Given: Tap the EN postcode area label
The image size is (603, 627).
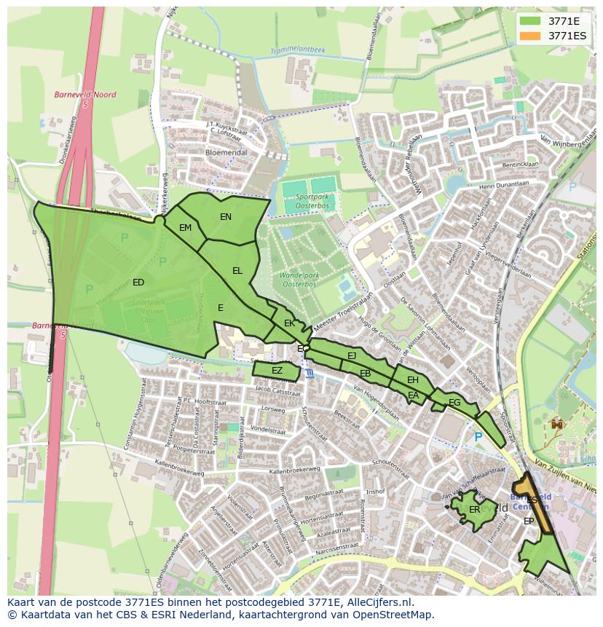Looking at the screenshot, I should tap(226, 217).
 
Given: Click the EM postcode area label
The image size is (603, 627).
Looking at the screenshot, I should tap(186, 228).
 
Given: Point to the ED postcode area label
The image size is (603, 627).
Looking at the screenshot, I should tap(138, 283).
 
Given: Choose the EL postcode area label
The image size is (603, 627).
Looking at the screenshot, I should tap(237, 271).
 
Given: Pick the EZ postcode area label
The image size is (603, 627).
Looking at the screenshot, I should tap(277, 371).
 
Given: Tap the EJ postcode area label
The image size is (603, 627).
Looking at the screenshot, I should tap(352, 356).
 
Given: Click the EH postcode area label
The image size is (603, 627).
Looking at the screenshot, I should tap(413, 380).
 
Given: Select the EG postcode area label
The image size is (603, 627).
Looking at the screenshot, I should tap(454, 403).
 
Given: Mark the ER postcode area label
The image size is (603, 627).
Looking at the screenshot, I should tap(475, 510).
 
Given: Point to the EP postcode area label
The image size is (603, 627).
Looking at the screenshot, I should tap(529, 521).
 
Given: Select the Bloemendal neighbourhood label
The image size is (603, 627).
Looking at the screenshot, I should tap(226, 153).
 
